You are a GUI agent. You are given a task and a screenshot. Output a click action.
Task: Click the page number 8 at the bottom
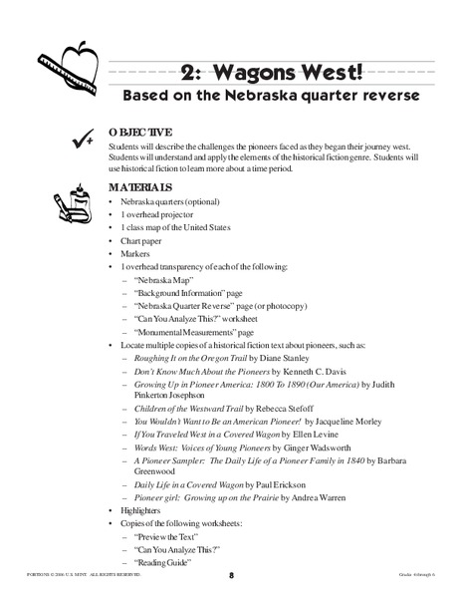[230, 575]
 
